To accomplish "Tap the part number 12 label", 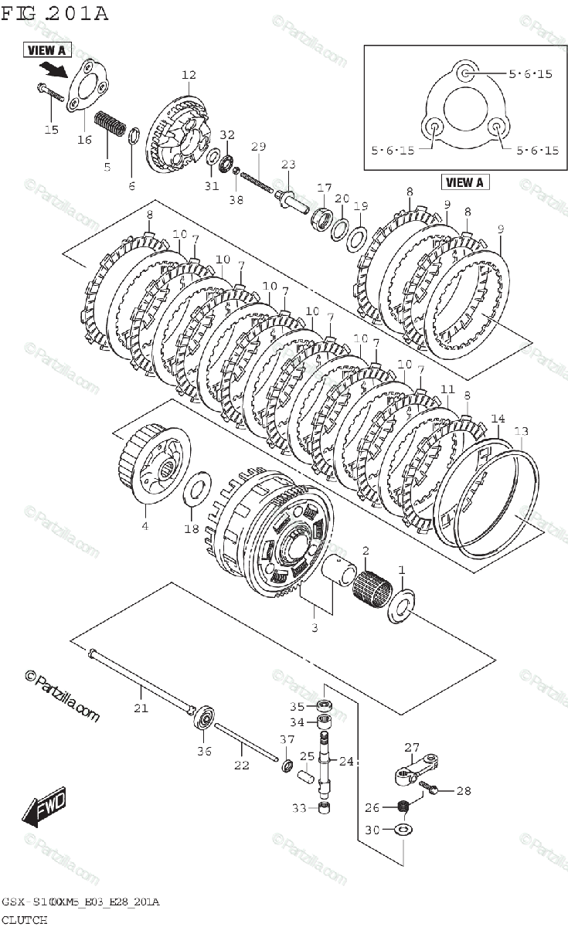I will (x=189, y=75).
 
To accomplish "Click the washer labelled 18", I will (x=198, y=488).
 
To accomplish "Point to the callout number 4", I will (x=144, y=526).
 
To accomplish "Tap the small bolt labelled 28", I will (x=432, y=789).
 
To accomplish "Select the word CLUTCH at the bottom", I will (x=24, y=919).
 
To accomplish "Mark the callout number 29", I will (x=258, y=147).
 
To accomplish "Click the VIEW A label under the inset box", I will (x=464, y=182).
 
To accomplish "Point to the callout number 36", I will (x=203, y=749).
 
